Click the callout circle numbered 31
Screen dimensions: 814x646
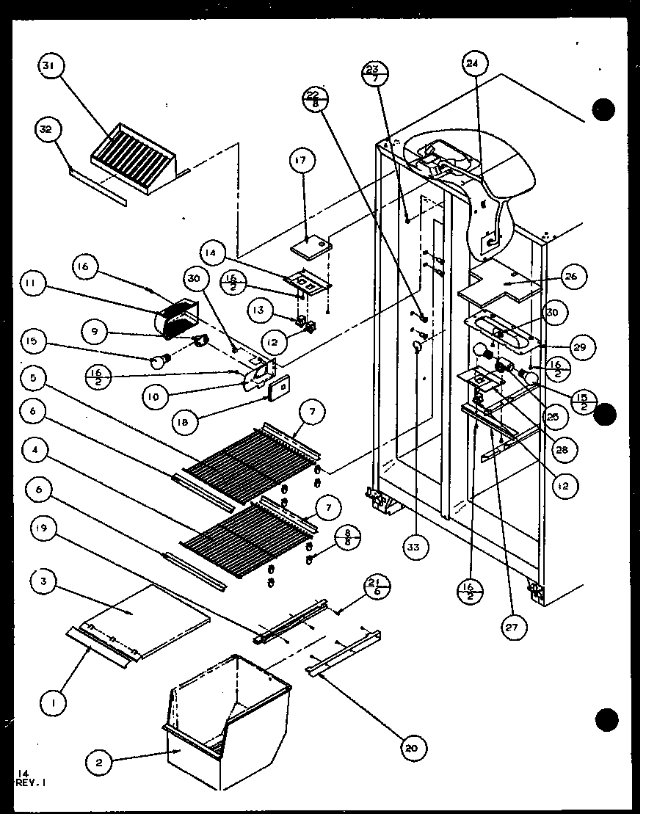48,68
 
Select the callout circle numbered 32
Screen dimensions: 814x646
46,131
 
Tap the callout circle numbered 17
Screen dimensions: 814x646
302,161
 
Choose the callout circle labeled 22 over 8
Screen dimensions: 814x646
313,99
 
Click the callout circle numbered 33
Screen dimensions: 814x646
415,546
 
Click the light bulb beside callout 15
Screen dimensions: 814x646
159,359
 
